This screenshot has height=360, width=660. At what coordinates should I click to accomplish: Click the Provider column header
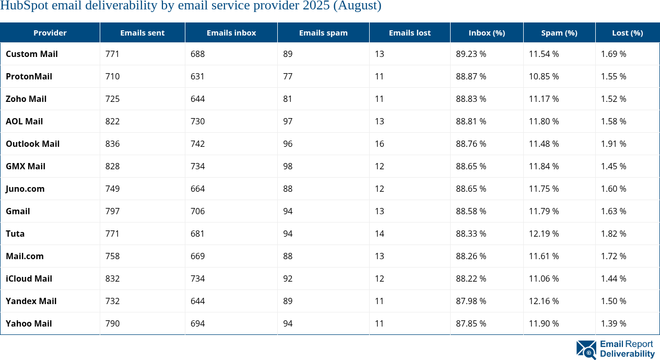tap(50, 32)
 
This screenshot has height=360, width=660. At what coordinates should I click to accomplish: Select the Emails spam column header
tap(323, 32)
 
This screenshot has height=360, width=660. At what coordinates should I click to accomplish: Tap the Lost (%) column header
tap(627, 32)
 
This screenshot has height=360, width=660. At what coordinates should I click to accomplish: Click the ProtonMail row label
tap(29, 76)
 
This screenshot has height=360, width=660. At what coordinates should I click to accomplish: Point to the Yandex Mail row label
tap(31, 301)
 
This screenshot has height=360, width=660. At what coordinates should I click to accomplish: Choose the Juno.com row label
tap(25, 189)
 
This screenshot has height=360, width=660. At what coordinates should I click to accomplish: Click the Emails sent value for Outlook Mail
tap(113, 144)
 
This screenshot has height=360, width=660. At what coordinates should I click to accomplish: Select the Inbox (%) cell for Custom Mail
tap(471, 54)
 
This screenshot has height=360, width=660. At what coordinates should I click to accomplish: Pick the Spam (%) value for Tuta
tap(544, 234)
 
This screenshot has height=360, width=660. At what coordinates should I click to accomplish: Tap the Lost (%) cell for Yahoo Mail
tap(614, 323)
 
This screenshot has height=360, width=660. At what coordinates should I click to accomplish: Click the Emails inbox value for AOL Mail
tap(198, 121)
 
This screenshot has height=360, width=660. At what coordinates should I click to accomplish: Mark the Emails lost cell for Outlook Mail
tap(379, 144)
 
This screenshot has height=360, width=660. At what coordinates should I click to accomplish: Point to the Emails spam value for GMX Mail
tap(288, 166)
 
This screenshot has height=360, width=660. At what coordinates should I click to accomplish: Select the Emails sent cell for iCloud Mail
tap(113, 278)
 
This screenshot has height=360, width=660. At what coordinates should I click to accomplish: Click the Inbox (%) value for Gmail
tap(471, 211)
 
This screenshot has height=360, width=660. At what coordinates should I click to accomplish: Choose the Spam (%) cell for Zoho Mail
tap(544, 99)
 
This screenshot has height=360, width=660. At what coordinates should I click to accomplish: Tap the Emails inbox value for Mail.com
tap(198, 256)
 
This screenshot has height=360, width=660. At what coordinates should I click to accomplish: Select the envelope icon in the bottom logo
tap(586, 350)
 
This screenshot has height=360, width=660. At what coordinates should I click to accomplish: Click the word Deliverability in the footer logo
tap(627, 354)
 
